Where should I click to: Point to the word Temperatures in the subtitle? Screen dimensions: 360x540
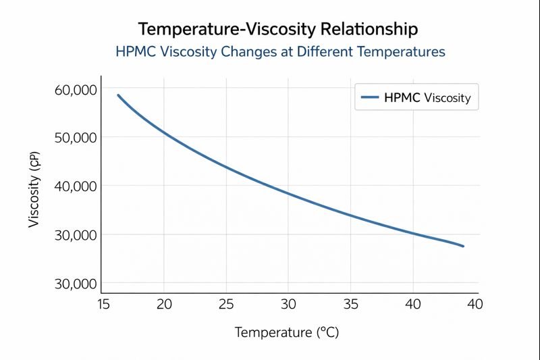(404, 51)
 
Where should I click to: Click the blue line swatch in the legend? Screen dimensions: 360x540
(369, 97)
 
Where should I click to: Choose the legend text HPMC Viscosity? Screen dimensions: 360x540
(427, 97)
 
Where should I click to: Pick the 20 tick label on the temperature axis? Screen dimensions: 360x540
(164, 305)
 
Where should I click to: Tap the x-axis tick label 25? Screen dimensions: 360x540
(226, 305)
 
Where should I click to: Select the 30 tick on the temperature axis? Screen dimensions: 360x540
(288, 305)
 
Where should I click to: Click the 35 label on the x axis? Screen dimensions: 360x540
(350, 305)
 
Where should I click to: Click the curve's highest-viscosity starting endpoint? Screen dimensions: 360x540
(118, 95)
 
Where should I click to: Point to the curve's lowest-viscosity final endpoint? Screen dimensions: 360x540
(463, 246)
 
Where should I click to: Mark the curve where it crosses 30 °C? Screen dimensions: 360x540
(288, 193)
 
